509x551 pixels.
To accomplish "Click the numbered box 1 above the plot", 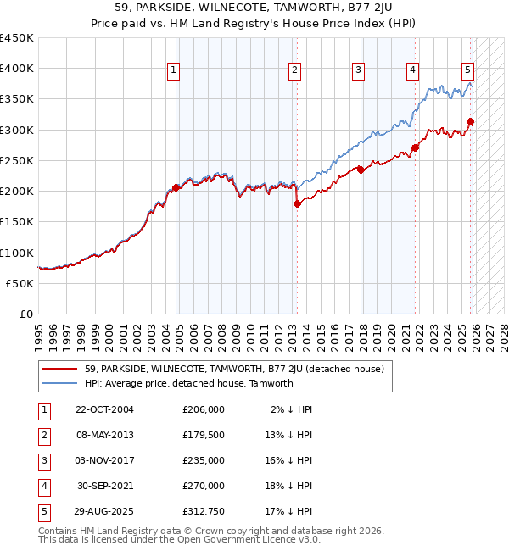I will click(173, 70).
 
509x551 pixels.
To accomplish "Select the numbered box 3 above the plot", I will click(359, 70).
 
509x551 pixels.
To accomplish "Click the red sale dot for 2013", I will click(297, 203).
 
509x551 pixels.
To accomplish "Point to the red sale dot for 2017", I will click(361, 170).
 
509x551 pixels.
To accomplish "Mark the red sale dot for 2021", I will click(416, 147).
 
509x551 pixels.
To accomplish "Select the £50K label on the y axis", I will click(20, 283).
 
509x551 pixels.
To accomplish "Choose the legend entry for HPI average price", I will click(188, 383).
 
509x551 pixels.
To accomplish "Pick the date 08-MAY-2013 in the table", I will click(104, 436).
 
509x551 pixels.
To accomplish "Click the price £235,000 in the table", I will click(203, 460).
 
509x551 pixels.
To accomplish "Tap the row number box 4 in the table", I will click(42, 486).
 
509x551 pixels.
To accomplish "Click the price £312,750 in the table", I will click(203, 511).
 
